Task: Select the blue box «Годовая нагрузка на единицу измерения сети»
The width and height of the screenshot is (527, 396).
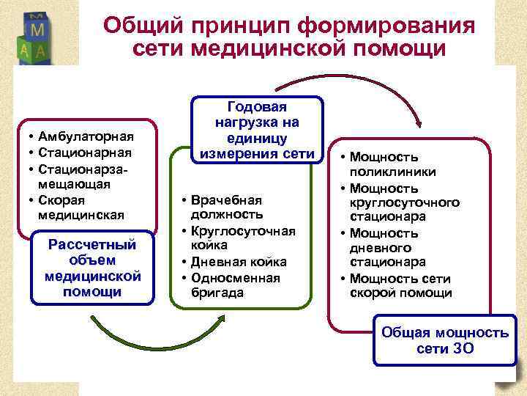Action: tap(257, 130)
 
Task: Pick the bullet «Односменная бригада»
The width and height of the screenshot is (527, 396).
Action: tap(235, 285)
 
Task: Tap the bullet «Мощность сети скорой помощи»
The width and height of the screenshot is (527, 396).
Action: tap(403, 285)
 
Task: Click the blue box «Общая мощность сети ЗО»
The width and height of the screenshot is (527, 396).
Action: tap(445, 340)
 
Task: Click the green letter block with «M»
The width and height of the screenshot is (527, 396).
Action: tap(39, 29)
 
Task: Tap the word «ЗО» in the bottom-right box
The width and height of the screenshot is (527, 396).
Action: tap(463, 348)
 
